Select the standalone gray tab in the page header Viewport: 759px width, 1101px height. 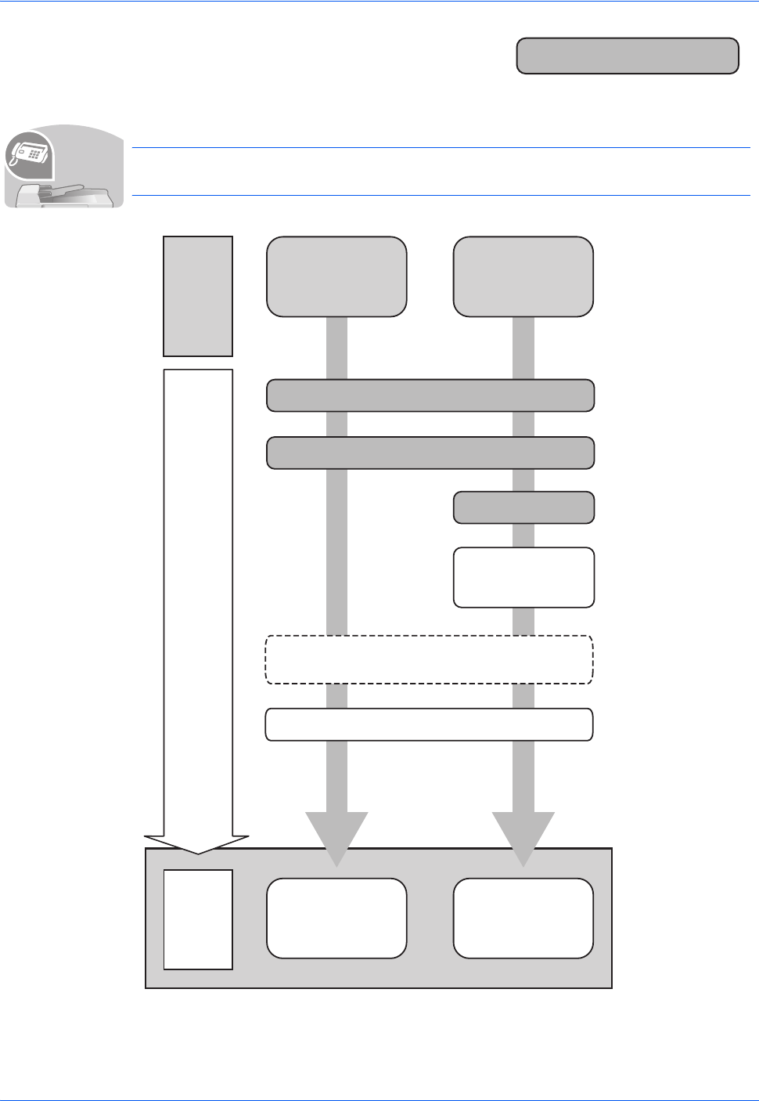click(628, 56)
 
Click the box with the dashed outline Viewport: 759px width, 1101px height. click(430, 660)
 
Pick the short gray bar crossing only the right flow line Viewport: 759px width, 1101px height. click(523, 507)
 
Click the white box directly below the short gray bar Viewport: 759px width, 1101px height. click(523, 577)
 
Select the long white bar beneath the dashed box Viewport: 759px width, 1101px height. click(430, 724)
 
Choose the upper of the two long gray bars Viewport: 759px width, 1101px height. click(430, 395)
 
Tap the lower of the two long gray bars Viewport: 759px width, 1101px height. click(430, 453)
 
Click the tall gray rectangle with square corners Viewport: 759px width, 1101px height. click(198, 296)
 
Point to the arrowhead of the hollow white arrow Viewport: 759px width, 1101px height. click(198, 843)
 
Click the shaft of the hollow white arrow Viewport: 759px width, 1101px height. click(198, 595)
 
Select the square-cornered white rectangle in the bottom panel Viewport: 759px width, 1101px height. click(198, 919)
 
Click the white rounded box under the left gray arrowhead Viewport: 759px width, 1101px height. click(336, 918)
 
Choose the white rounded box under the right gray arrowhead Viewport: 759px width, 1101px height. click(523, 918)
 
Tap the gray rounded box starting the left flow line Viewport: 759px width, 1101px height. click(336, 276)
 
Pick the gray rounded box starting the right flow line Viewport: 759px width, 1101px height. click(523, 276)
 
